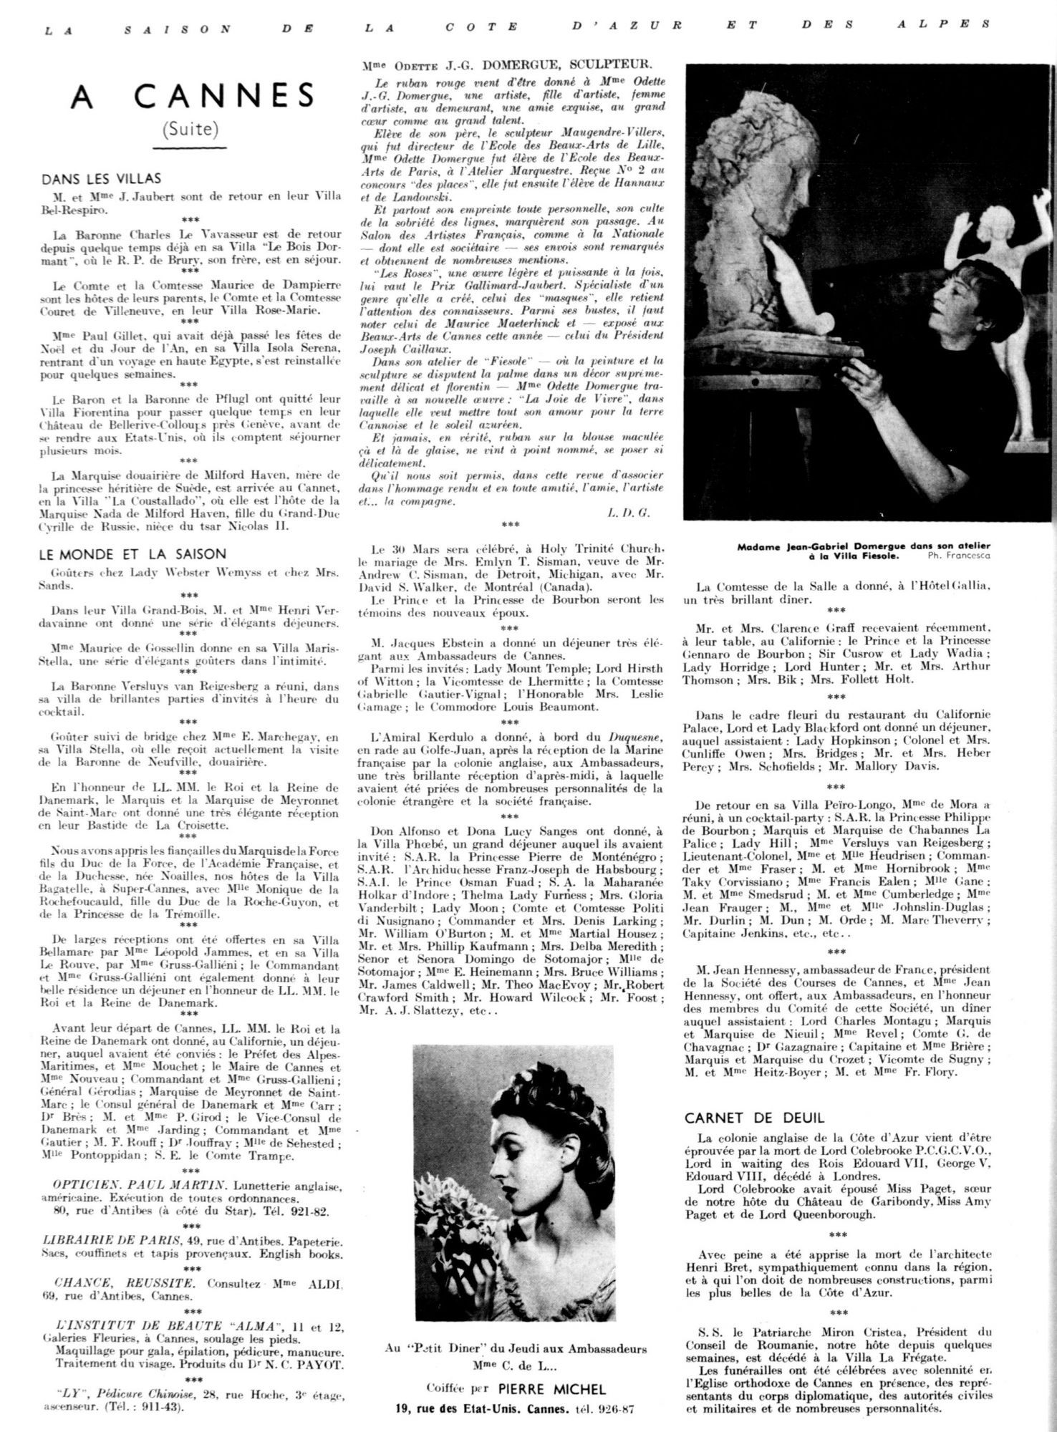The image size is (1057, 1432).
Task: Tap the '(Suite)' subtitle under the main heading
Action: (x=190, y=129)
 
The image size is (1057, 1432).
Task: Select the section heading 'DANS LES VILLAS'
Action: (x=102, y=179)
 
